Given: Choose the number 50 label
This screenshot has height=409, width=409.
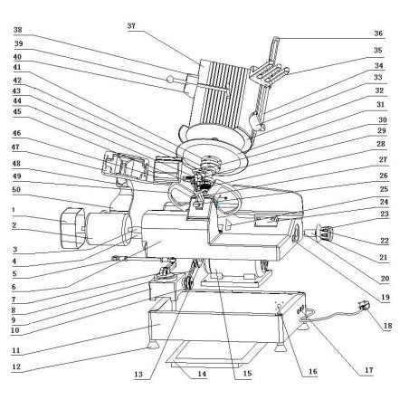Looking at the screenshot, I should [17, 193].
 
